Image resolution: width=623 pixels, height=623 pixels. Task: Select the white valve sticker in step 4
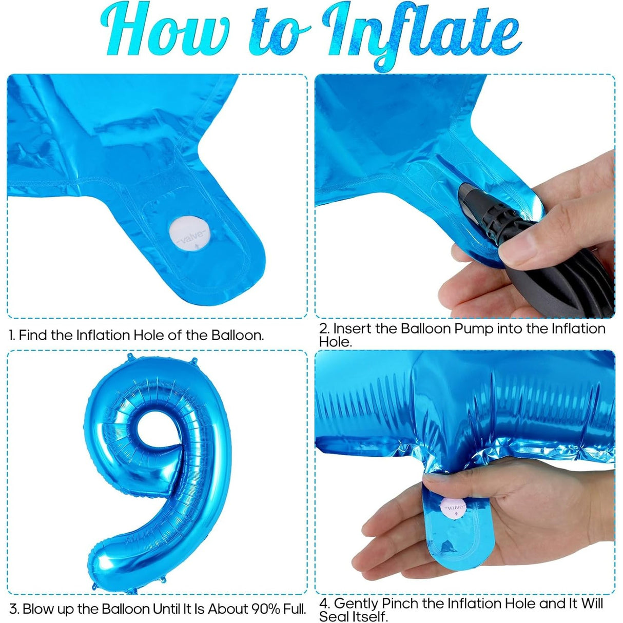coord(455,508)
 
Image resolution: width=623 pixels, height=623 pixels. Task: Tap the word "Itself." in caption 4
coord(369,616)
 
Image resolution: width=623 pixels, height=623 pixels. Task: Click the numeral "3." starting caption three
coord(14,609)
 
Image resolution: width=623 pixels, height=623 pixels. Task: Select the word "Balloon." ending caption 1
coord(238,335)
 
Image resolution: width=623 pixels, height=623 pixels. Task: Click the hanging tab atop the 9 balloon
coord(194,361)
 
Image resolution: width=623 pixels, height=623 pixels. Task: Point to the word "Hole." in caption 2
coord(335,341)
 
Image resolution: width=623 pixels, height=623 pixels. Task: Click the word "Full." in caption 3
coord(295,609)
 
